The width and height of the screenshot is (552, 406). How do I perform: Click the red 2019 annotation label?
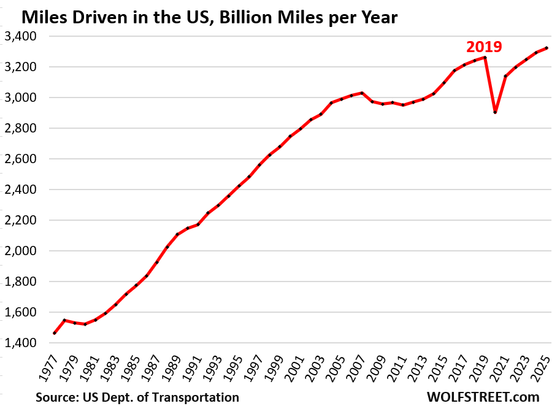[x=485, y=47]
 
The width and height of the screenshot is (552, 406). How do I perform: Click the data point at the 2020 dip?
[x=495, y=112]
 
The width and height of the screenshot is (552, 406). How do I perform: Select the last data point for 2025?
[x=546, y=48]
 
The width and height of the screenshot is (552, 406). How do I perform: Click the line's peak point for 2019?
[x=485, y=58]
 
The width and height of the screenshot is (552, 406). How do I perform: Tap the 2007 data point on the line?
[x=362, y=93]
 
